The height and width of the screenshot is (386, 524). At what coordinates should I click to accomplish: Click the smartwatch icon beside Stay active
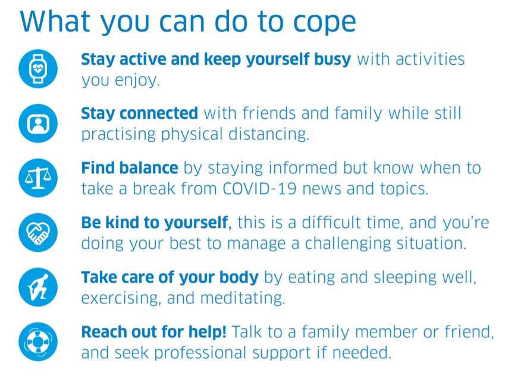coord(39,69)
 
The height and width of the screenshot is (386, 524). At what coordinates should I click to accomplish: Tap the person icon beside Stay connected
coord(39,124)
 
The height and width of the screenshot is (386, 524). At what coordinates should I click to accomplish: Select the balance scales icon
coord(39,178)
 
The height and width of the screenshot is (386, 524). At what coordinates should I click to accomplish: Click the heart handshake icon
coord(39,232)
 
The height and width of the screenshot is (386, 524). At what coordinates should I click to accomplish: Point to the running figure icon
coord(39,287)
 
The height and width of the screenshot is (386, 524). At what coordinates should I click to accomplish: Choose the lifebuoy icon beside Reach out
coord(39,341)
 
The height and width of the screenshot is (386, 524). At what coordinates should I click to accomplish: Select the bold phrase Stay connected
coord(139,113)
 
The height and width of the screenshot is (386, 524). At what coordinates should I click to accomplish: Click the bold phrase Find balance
coord(129,168)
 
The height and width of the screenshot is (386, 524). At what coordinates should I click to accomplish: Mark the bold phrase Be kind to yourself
coord(155,223)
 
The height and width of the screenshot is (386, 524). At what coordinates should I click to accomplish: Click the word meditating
coord(241,298)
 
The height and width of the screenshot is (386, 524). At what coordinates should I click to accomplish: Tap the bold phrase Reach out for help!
coord(153,332)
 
